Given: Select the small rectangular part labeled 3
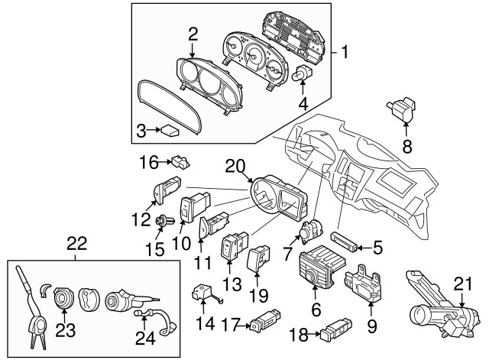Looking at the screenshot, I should point(169,131).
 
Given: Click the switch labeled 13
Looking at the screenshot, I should point(232,248).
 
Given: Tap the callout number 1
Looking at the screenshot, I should point(346,53).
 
